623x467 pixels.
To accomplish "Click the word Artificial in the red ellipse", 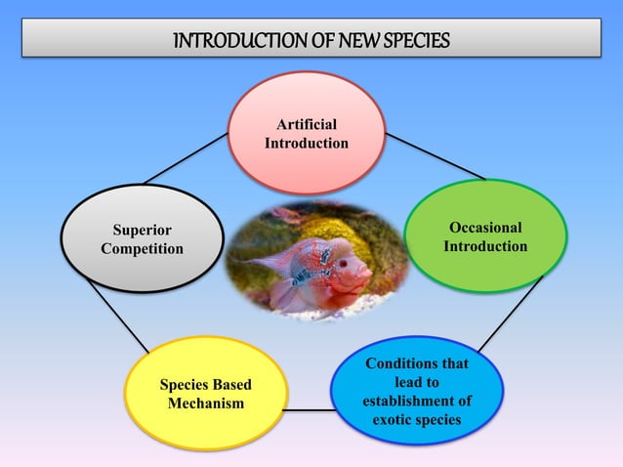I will (x=306, y=125).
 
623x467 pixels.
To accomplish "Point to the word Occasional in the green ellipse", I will (x=485, y=228).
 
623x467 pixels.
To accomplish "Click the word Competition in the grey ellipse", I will (x=142, y=248).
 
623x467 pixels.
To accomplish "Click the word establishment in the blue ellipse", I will (x=417, y=401).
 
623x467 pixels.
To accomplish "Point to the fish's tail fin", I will (x=252, y=265).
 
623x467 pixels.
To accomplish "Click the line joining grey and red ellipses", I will (x=186, y=159).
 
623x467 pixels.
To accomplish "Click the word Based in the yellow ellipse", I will (x=240, y=384).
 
